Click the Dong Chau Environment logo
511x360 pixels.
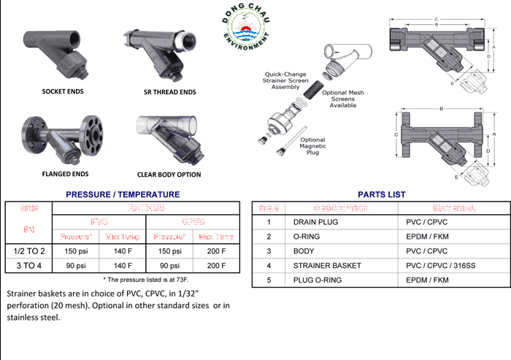[x=245, y=28]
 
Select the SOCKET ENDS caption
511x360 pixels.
[x=62, y=91]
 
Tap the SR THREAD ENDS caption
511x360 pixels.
[x=169, y=92]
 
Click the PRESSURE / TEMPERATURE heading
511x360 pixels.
[x=123, y=194]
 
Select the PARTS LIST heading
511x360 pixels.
[x=381, y=194]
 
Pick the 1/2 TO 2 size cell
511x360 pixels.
[x=28, y=250]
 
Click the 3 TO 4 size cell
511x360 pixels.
[x=28, y=265]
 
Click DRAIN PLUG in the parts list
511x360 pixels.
[x=315, y=221]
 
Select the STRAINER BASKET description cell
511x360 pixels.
[x=326, y=265]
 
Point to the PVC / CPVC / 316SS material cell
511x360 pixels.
[x=439, y=265]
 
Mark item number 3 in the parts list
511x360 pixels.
[x=269, y=250]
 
